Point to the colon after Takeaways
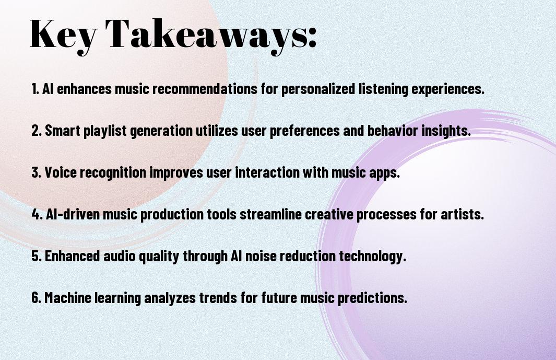(312, 38)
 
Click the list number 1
(35, 89)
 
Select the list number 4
(37, 214)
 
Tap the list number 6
(37, 297)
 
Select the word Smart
(63, 131)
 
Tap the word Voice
(60, 172)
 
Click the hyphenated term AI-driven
(73, 214)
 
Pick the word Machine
(68, 297)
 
